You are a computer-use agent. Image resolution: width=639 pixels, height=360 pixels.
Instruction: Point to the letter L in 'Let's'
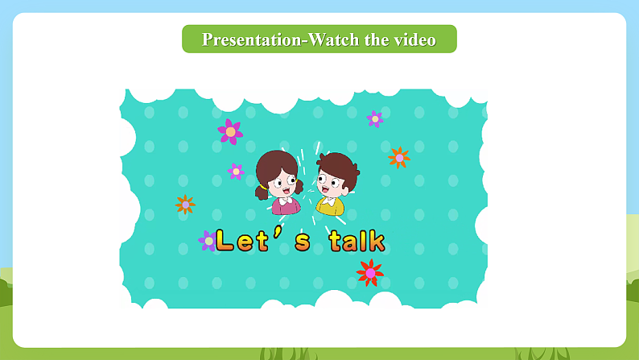point(224,240)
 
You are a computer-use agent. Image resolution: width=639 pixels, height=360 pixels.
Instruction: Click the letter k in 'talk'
point(377,240)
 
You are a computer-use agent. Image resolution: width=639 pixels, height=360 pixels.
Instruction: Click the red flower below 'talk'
point(369,273)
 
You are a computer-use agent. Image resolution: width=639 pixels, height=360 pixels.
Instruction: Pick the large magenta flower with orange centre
point(230,130)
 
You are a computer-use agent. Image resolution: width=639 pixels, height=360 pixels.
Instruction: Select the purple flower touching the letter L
point(208,240)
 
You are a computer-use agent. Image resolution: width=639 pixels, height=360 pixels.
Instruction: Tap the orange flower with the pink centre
point(399,157)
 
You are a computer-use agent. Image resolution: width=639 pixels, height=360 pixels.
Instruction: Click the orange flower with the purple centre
point(185,205)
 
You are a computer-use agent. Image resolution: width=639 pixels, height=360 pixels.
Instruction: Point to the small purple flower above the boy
point(374,119)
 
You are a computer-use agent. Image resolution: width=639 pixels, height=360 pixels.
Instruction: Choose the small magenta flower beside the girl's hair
point(236,171)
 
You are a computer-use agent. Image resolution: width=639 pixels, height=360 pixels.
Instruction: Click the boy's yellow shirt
point(330,207)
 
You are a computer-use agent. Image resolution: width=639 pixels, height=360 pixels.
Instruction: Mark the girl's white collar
point(284,200)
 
